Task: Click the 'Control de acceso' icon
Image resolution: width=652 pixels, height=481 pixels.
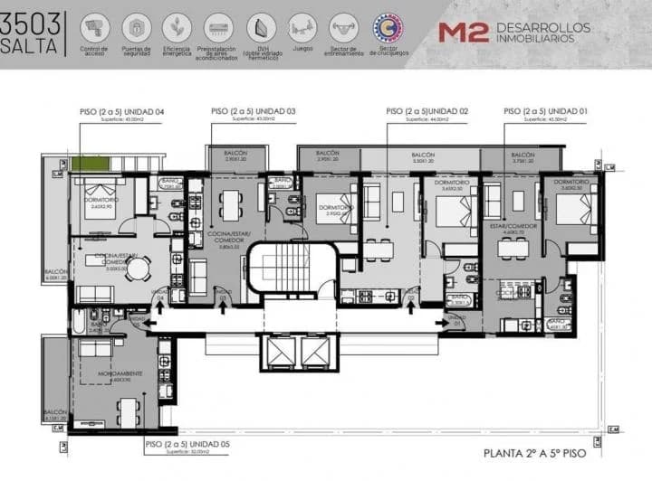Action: pyautogui.click(x=94, y=27)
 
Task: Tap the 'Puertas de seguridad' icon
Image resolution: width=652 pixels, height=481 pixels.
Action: pyautogui.click(x=136, y=27)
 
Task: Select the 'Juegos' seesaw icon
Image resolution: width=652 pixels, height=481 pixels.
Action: pyautogui.click(x=302, y=27)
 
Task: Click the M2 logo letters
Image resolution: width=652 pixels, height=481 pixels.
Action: pyautogui.click(x=464, y=32)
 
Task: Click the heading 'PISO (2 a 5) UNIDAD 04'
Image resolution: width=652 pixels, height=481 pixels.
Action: pyautogui.click(x=121, y=111)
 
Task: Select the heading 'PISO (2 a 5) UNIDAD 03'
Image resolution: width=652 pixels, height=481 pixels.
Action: pyautogui.click(x=254, y=111)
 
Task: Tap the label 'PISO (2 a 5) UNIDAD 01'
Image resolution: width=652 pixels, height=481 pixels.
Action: pyautogui.click(x=546, y=111)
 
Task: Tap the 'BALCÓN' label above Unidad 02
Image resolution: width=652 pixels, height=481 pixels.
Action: pyautogui.click(x=423, y=156)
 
